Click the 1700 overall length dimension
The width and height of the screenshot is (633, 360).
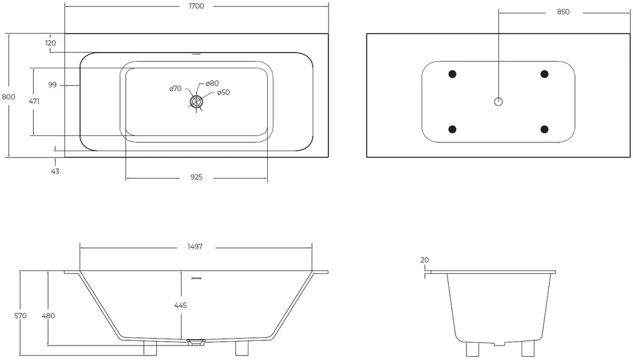click(x=196, y=6)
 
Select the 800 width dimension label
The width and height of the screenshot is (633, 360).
click(x=8, y=97)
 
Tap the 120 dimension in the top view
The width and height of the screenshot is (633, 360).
click(x=51, y=43)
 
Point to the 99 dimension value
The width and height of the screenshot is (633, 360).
click(x=53, y=85)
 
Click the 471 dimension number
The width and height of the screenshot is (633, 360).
click(x=34, y=101)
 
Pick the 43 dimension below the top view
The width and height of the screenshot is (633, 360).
click(x=55, y=171)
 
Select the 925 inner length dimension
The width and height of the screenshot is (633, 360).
click(x=196, y=177)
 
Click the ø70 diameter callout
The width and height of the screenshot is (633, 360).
click(x=175, y=89)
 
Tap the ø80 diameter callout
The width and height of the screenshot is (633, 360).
click(x=212, y=83)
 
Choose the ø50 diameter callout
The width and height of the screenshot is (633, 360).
click(x=223, y=92)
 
